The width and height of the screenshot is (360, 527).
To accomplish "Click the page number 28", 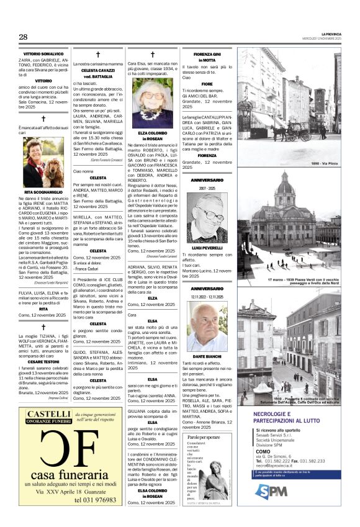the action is [23, 37].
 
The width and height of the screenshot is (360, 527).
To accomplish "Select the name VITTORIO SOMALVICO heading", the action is [43, 55].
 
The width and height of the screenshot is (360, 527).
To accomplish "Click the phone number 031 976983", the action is [95, 499].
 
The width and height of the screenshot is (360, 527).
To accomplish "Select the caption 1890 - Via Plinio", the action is [325, 163].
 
